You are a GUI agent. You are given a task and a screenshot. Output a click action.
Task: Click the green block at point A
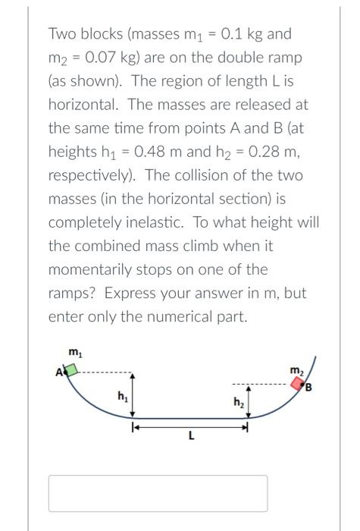(70, 370)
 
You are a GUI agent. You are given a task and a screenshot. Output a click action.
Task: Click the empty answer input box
(158, 493)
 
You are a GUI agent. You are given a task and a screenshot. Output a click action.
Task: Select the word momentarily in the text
(92, 270)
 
